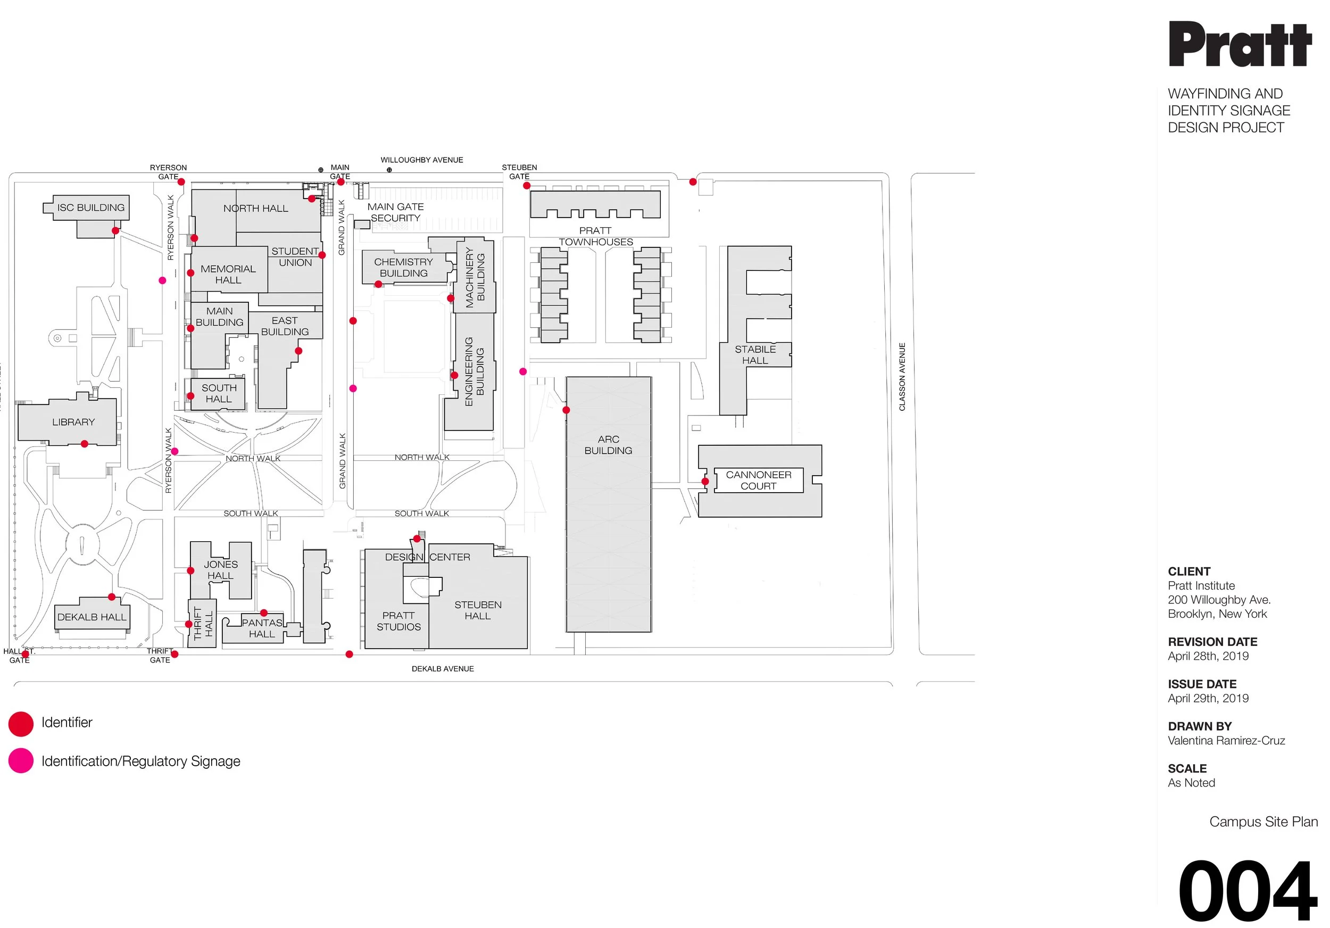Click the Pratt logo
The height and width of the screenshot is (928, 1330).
[1239, 45]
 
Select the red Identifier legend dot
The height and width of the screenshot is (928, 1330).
[21, 724]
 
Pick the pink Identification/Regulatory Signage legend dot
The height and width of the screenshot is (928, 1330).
[21, 760]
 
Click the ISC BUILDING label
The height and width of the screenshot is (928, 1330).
[91, 208]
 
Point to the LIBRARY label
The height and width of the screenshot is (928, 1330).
[73, 422]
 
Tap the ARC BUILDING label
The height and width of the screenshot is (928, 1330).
[608, 445]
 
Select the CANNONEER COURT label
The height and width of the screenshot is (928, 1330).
[758, 480]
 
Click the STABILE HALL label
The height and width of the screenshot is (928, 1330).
[755, 354]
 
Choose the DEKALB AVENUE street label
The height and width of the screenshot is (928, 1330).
[443, 668]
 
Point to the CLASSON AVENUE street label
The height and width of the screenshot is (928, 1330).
[902, 377]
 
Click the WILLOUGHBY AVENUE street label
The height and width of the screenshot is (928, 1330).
[422, 160]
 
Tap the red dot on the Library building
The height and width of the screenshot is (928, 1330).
[85, 444]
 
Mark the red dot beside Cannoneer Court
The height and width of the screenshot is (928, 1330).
[705, 482]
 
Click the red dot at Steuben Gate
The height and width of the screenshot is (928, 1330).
[527, 186]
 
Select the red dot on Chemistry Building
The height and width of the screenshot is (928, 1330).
[378, 285]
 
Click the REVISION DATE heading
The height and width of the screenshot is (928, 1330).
[1212, 642]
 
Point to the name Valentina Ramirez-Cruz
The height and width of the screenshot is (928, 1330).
[1226, 740]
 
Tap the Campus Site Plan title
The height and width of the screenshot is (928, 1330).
[1263, 822]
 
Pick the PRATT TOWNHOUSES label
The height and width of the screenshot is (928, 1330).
[595, 236]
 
